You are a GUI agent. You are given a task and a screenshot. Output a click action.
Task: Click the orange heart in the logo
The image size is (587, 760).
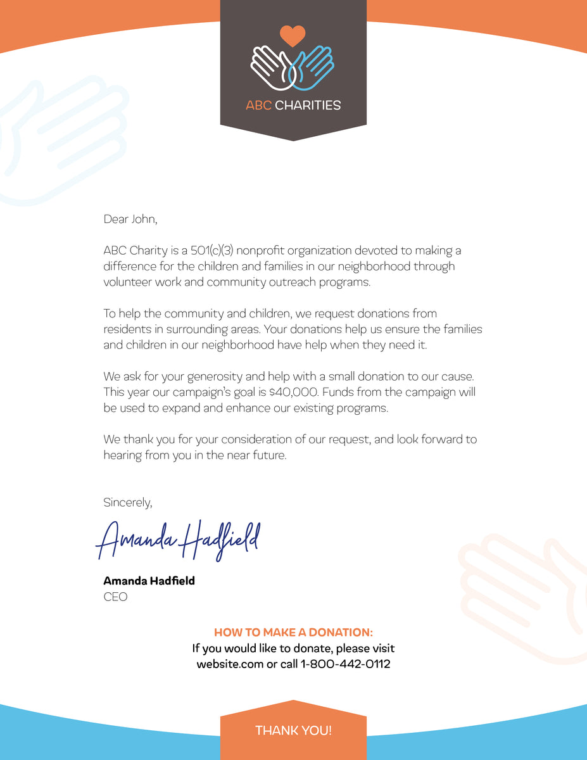(293, 35)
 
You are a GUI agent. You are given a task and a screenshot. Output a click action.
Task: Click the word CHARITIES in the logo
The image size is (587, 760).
(308, 106)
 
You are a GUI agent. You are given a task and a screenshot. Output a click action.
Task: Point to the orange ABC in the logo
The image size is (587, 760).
(258, 106)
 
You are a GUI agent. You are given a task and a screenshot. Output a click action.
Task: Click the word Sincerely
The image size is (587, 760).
(128, 502)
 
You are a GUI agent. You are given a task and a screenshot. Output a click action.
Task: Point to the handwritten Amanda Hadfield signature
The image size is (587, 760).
(178, 541)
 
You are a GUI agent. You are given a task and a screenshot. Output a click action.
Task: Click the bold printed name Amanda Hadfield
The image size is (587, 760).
(149, 581)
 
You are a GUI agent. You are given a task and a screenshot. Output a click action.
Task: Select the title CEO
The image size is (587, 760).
(115, 597)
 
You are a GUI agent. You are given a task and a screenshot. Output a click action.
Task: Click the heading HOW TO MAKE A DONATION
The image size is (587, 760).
(293, 633)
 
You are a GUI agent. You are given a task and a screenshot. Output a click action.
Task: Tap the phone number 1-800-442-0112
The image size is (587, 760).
(345, 664)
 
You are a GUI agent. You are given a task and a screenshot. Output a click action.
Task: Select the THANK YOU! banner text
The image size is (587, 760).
(293, 731)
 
